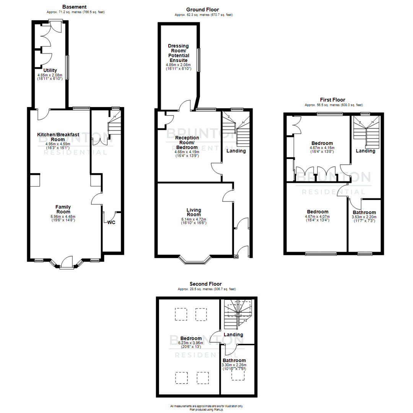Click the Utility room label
(x=50, y=70)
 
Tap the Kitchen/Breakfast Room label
(x=58, y=137)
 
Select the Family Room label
(x=63, y=209)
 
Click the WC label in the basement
(x=111, y=222)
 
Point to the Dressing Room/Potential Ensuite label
(x=178, y=53)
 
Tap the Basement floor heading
(x=74, y=7)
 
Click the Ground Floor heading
(x=202, y=10)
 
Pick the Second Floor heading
(x=205, y=284)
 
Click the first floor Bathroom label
(x=364, y=212)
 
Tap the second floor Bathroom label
(x=234, y=360)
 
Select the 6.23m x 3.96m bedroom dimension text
(x=191, y=343)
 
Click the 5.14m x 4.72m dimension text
(x=194, y=220)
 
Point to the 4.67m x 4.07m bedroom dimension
(x=317, y=216)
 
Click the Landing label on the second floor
(x=233, y=335)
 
